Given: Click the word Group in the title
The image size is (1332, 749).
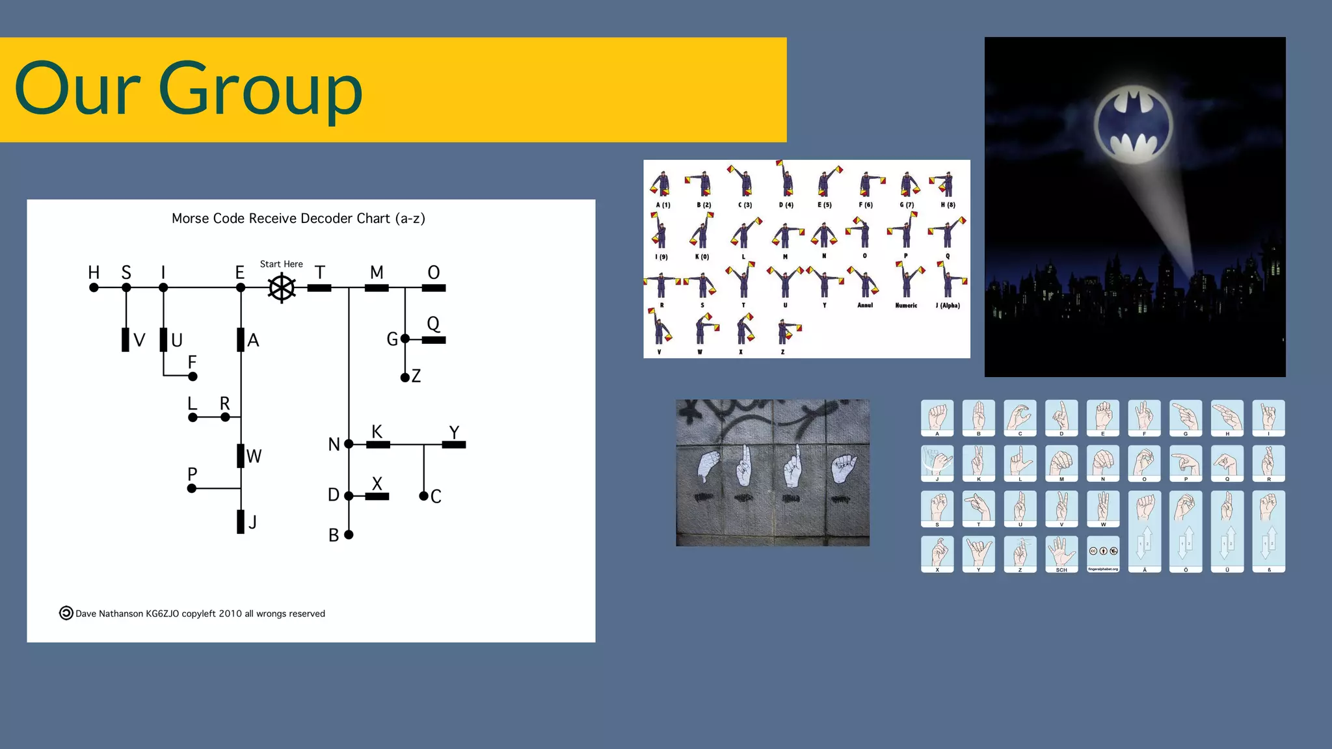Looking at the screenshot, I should [260, 90].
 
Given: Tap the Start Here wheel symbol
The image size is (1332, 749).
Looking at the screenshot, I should [282, 287].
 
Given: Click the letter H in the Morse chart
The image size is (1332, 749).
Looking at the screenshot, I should [94, 272].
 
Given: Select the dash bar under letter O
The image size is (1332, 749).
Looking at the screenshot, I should [434, 288].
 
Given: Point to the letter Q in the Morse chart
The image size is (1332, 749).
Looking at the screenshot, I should [433, 324].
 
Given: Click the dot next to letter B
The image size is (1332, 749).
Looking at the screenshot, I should [349, 534].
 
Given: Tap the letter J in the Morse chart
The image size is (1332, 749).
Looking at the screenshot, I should [253, 522].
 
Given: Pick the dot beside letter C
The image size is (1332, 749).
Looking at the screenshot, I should [423, 496].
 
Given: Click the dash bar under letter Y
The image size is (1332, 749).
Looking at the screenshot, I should [454, 445].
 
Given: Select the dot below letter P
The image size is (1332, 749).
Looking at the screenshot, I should [192, 488].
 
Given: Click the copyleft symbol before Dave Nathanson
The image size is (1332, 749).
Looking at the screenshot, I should [66, 613].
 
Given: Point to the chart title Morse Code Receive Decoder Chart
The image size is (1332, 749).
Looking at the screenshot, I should [298, 218].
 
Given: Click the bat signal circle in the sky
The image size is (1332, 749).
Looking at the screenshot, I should [1133, 124].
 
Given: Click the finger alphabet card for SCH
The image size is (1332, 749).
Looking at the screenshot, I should [1061, 554].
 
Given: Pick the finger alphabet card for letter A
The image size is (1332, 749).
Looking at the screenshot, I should [937, 417].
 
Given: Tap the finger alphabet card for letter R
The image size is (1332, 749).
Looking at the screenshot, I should [1268, 463].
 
